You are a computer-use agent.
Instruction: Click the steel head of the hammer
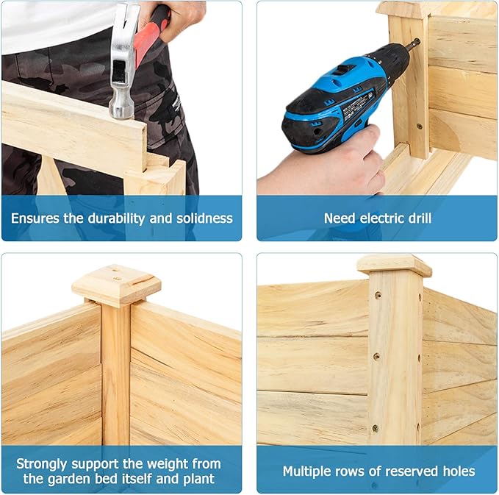click(123, 60)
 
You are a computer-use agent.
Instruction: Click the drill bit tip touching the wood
click(417, 41)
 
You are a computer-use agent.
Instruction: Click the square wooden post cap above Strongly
click(116, 285)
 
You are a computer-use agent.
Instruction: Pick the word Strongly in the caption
click(42, 464)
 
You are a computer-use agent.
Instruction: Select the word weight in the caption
click(165, 464)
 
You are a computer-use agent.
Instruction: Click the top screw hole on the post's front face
click(378, 295)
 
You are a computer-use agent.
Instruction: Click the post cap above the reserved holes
click(395, 265)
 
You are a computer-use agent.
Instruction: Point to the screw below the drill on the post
click(420, 127)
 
